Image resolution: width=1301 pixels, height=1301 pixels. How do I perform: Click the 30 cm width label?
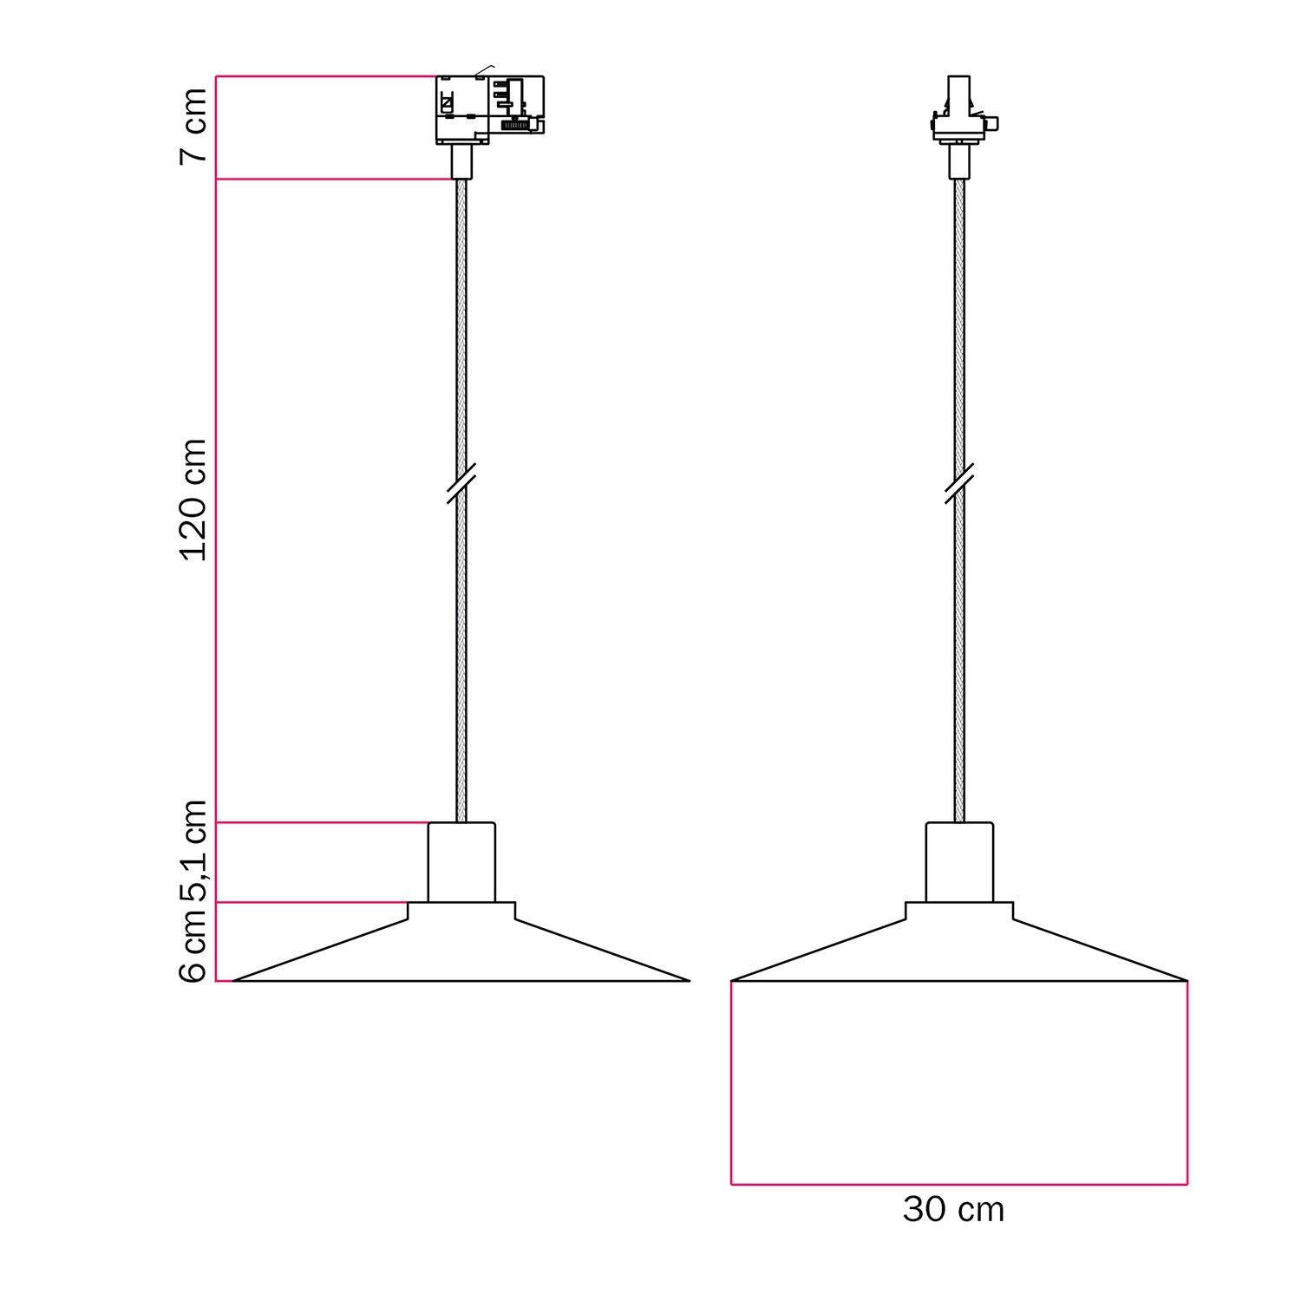pyautogui.click(x=953, y=1210)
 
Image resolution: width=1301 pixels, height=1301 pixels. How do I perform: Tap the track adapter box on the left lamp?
pyautogui.click(x=488, y=109)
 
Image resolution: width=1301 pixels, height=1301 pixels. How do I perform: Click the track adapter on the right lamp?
pyautogui.click(x=958, y=113)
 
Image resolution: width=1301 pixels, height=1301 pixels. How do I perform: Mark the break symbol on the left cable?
pyautogui.click(x=461, y=484)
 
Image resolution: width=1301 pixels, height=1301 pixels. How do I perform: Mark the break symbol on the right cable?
pyautogui.click(x=959, y=484)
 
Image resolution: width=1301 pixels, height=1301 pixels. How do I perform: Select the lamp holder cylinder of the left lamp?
pyautogui.click(x=461, y=862)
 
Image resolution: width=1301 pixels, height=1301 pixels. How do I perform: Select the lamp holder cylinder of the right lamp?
pyautogui.click(x=959, y=862)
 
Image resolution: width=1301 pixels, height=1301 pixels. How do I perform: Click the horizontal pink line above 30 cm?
pyautogui.click(x=958, y=1184)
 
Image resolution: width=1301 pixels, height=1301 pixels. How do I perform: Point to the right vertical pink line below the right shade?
pyautogui.click(x=1187, y=1084)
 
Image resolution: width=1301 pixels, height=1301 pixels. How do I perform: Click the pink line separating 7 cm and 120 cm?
pyautogui.click(x=334, y=180)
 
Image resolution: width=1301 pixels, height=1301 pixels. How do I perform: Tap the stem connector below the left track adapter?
pyautogui.click(x=461, y=161)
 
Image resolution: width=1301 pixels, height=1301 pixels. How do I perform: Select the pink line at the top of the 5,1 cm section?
pyautogui.click(x=321, y=822)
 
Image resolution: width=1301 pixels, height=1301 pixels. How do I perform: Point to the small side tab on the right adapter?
pyautogui.click(x=994, y=123)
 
